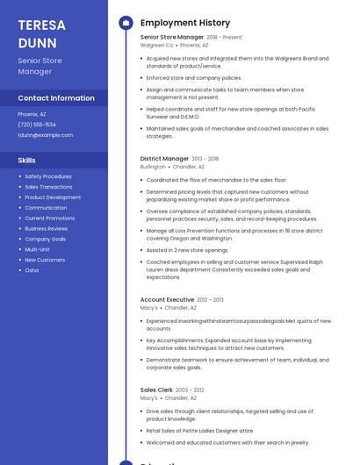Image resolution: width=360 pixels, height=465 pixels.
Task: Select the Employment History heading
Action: (x=185, y=23)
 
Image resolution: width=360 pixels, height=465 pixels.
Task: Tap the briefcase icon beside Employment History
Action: (x=126, y=23)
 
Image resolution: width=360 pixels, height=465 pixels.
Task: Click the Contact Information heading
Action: (x=56, y=98)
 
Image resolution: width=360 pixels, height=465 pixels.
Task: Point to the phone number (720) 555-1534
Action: (x=37, y=125)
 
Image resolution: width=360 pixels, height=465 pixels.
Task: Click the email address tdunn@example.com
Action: (x=46, y=135)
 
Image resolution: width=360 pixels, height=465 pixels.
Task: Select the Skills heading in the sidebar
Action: (x=27, y=161)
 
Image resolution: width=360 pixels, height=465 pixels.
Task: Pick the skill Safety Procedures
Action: (x=48, y=176)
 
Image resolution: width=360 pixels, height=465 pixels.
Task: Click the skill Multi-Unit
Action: (x=38, y=249)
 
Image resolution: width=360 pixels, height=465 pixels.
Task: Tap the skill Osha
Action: (x=32, y=270)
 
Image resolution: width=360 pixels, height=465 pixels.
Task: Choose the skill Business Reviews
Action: (x=47, y=228)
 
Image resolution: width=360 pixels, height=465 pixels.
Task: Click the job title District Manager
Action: (x=164, y=159)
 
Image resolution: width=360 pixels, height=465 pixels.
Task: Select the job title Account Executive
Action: (x=167, y=300)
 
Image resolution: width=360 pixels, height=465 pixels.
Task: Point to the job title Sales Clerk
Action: (x=156, y=390)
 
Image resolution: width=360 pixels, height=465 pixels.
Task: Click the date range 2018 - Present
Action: (x=225, y=38)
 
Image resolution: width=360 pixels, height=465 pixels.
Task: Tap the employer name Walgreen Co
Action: (x=157, y=45)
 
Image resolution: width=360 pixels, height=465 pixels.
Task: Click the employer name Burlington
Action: (x=153, y=166)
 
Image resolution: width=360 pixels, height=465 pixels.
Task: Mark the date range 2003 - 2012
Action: (x=190, y=390)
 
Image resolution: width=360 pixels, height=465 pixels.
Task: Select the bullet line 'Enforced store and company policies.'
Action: (x=194, y=78)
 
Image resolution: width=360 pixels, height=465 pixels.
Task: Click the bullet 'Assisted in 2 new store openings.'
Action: (x=187, y=250)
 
